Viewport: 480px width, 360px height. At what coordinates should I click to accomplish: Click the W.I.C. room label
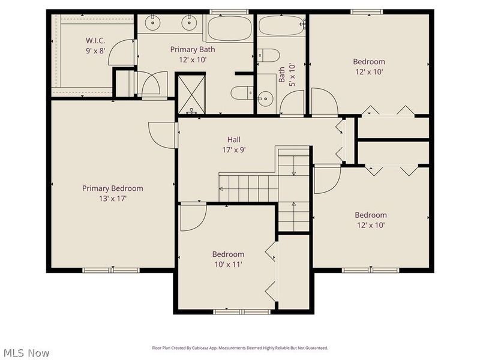point(95,41)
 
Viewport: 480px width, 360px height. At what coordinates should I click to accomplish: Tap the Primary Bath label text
point(192,49)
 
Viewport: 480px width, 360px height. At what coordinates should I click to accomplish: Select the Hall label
point(233,139)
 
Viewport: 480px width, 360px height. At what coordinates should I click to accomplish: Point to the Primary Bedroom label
point(113,188)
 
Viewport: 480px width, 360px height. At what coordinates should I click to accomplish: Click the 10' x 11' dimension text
point(228,264)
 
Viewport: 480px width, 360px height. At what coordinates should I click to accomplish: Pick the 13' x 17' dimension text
point(113,198)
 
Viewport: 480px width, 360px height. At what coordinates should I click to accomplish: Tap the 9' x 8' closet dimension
point(95,51)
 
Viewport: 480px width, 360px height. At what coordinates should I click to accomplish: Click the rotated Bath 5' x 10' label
point(286,75)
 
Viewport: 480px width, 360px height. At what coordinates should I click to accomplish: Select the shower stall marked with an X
point(191,94)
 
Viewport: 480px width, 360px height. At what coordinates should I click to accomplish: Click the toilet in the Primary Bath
point(241,93)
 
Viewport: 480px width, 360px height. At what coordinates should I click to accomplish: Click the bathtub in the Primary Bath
point(229,28)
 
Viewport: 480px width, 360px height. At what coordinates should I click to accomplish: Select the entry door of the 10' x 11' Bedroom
point(191,217)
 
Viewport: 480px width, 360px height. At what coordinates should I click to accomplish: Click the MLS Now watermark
point(25,353)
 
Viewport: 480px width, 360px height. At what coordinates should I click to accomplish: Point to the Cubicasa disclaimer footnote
point(239,348)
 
